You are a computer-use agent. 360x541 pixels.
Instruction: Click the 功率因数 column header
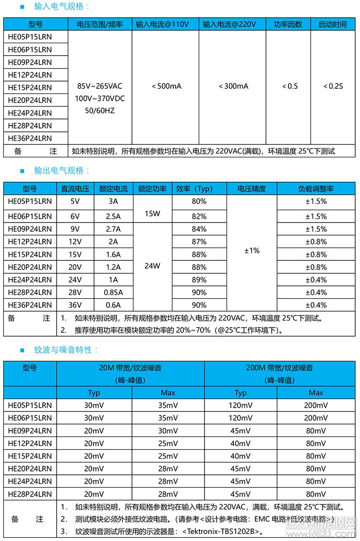288,24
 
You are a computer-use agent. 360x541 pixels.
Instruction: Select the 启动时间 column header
333,24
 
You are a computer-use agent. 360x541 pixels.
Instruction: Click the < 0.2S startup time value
333,86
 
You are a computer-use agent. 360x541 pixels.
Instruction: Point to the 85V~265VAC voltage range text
100,86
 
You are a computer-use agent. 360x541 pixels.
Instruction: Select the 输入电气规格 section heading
62,7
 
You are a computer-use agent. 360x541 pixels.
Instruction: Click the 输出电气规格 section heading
62,171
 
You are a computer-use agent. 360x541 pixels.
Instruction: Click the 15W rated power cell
152,213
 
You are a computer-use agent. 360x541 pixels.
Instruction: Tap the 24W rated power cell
152,267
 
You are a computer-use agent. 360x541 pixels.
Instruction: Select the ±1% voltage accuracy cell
252,250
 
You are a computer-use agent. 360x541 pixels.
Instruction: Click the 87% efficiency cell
199,242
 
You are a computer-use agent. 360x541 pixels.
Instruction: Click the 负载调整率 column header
316,188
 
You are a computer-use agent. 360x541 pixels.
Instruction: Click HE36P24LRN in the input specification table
30,138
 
